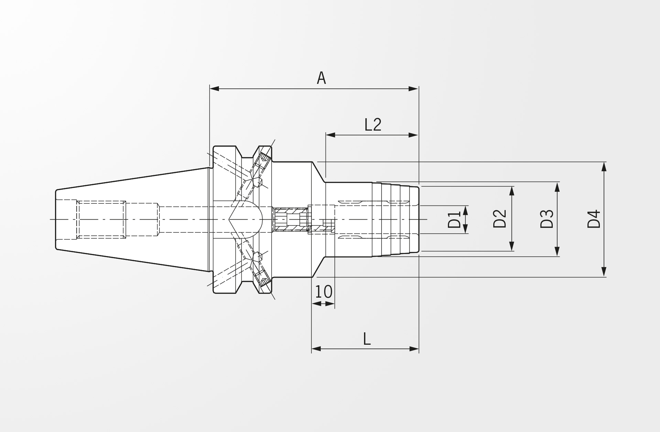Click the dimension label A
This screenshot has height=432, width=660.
(x=321, y=78)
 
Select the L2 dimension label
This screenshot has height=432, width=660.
(x=373, y=124)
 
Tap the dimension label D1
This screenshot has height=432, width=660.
(x=454, y=220)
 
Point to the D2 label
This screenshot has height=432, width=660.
(x=500, y=219)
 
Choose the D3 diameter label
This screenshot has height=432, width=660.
(x=547, y=219)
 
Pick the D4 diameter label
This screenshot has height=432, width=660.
(x=594, y=219)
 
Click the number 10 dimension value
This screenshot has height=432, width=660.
(x=323, y=292)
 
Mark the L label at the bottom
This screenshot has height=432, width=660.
(x=367, y=339)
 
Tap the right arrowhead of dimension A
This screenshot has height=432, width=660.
(x=414, y=89)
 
